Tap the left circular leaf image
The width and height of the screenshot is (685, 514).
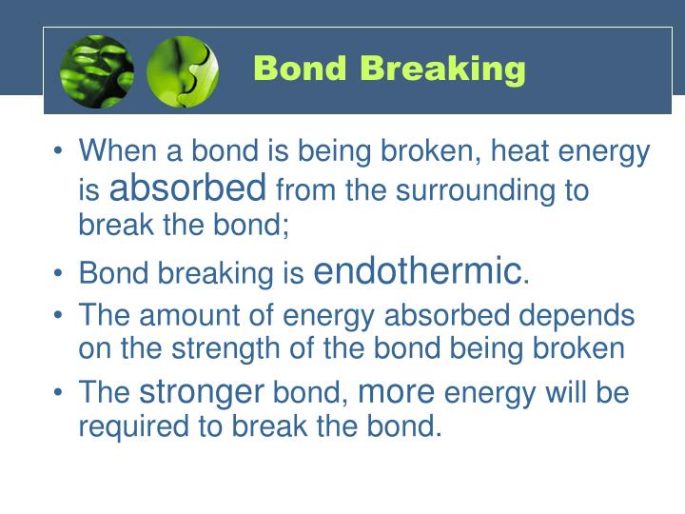click(97, 71)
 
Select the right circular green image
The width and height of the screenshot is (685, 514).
click(183, 71)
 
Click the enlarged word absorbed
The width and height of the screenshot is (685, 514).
click(187, 188)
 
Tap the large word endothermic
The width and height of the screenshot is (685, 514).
click(418, 271)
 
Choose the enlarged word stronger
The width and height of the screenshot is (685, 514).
click(202, 391)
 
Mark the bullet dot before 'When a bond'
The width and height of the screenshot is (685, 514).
click(60, 152)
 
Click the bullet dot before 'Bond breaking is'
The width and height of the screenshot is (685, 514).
click(60, 274)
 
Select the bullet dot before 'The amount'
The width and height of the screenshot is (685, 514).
click(60, 315)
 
